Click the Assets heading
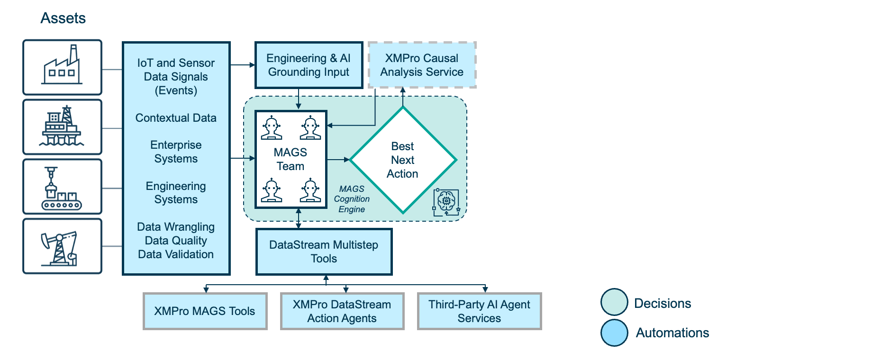63,18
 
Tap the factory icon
62,67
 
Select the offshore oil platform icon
62,126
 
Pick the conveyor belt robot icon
62,187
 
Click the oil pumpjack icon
62,246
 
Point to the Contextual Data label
176,118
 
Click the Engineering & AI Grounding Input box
309,65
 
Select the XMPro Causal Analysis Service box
422,65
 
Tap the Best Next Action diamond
402,160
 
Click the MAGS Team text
291,159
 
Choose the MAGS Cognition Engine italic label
352,199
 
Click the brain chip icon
446,202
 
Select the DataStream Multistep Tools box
324,252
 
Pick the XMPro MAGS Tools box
205,311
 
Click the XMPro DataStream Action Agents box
342,311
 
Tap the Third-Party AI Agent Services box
479,311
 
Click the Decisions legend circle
614,302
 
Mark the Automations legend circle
614,333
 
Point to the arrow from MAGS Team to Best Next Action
338,160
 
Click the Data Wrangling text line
176,227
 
